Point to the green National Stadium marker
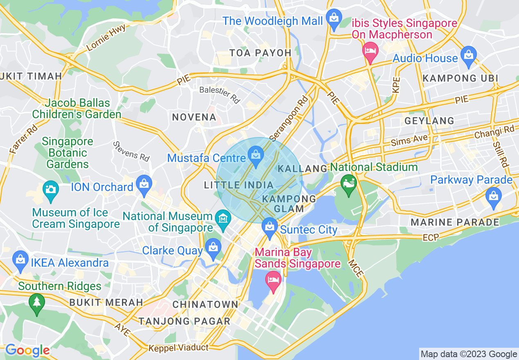(x=349, y=185)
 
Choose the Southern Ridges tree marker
(x=37, y=304)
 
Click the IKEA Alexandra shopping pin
(x=20, y=261)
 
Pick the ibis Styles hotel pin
(x=370, y=52)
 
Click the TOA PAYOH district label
(x=260, y=53)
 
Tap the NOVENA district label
(x=194, y=117)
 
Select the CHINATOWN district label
(x=205, y=304)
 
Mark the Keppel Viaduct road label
(x=178, y=348)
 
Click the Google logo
(x=27, y=351)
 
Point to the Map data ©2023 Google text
(x=469, y=354)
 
